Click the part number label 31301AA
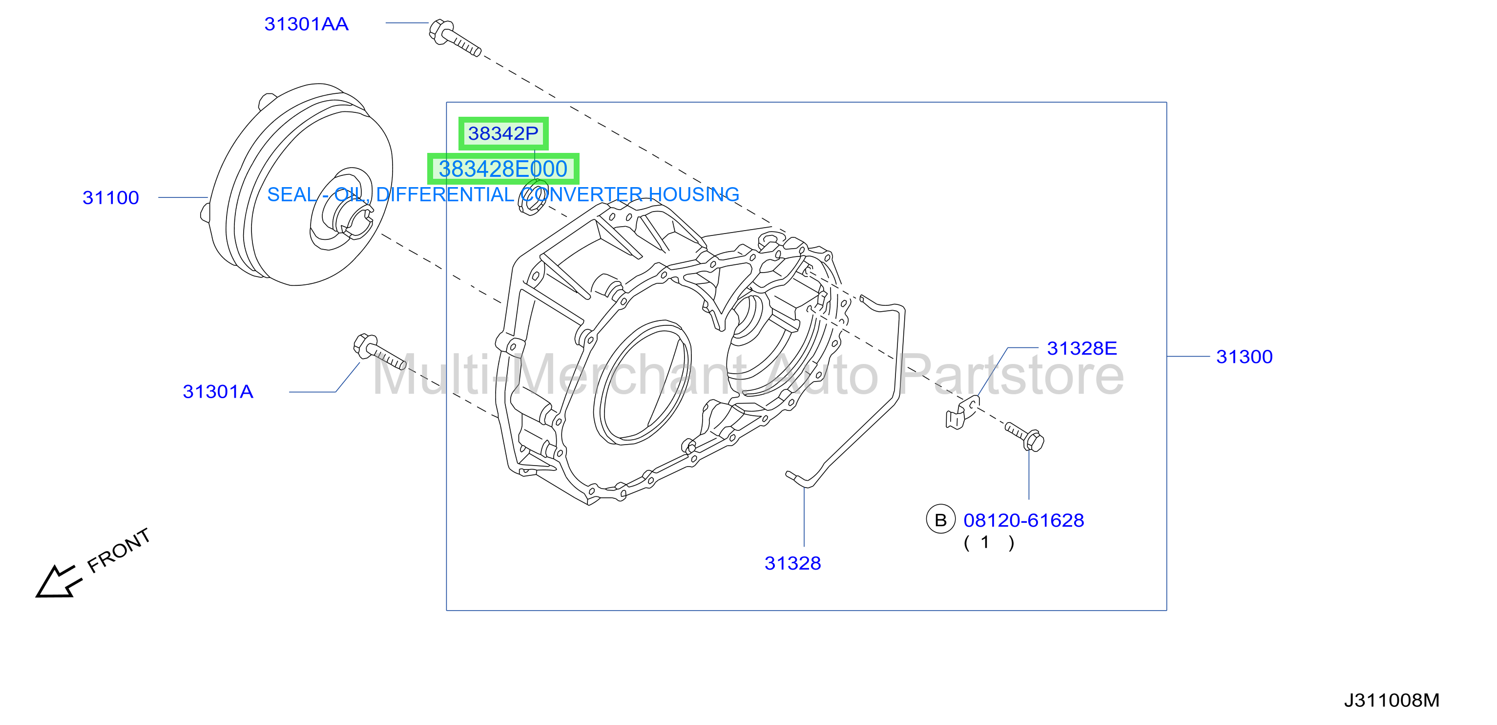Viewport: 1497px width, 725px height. point(306,24)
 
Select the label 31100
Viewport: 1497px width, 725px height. point(110,198)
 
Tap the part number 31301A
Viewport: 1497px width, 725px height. point(218,392)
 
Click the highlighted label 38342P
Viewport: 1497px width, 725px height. point(503,134)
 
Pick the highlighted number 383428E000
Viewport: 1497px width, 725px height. point(503,169)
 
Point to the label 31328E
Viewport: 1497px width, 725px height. point(1082,348)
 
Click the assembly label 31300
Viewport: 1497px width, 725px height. point(1244,357)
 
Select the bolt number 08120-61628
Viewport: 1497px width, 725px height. point(1023,520)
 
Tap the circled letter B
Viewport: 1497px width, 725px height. point(941,519)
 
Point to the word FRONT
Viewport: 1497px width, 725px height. point(119,550)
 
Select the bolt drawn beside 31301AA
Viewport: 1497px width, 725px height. point(455,39)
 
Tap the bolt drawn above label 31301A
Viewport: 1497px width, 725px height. point(379,352)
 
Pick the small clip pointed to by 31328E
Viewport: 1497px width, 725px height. point(962,412)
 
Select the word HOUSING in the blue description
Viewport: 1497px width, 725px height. point(694,195)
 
